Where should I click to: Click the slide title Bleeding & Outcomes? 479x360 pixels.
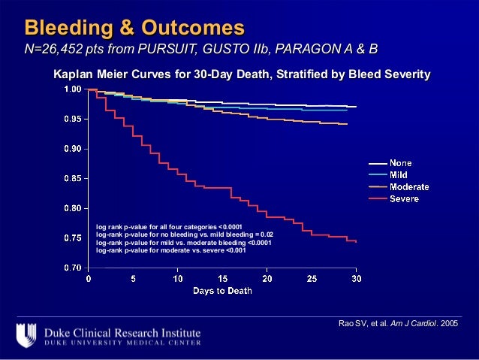tap(135, 28)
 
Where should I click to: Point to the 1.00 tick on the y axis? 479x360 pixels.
tap(72, 89)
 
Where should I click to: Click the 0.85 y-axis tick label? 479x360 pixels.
tap(72, 178)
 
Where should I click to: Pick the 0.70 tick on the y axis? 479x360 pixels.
tap(72, 267)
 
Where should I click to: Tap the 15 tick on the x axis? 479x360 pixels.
tap(222, 279)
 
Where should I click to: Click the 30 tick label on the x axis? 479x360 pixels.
tap(357, 279)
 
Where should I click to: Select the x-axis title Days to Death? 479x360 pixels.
tap(222, 290)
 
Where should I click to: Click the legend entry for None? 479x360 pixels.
tap(399, 163)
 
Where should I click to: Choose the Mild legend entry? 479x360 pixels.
tap(398, 174)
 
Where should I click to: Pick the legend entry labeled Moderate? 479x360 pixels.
tap(408, 186)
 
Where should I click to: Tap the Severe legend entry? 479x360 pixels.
tap(403, 198)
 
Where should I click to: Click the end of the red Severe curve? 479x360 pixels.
tap(356, 241)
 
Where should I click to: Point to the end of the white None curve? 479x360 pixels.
tap(356, 107)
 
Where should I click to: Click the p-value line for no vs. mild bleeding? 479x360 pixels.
tap(185, 234)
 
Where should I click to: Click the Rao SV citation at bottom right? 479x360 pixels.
tap(398, 323)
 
